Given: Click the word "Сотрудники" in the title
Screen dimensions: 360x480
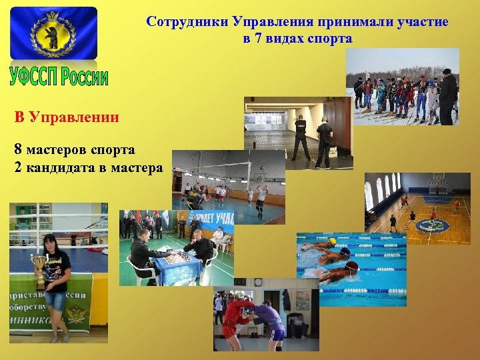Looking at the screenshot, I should pos(187,21).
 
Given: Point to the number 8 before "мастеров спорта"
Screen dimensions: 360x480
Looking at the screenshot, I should pos(17,150).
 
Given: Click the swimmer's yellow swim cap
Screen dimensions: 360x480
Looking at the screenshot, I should pos(333,241).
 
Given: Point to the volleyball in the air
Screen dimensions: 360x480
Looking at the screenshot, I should pos(262,168).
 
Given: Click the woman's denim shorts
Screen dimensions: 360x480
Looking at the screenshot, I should pos(55,302).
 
